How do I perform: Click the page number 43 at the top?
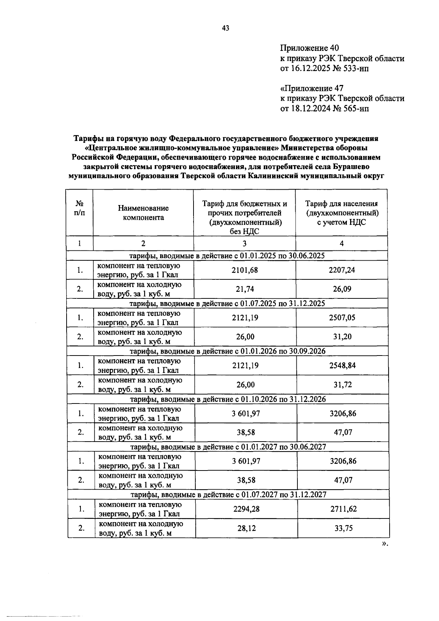[225, 28]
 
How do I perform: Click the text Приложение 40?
[309, 48]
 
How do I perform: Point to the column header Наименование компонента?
[143, 213]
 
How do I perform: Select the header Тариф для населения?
[341, 204]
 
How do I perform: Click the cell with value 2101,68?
[244, 270]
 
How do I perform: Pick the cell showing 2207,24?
[342, 270]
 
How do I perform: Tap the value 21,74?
[244, 289]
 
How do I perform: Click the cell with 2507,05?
[342, 318]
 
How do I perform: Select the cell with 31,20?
[342, 337]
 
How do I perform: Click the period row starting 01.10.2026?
[228, 399]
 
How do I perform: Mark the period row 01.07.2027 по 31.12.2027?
[228, 495]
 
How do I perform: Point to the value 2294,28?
[246, 509]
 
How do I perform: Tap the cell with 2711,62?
[343, 509]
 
